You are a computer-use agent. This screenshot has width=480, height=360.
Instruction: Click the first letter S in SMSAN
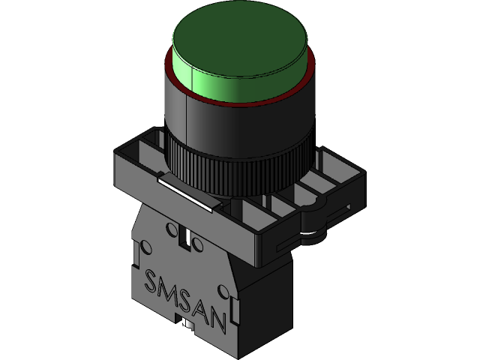(151, 283)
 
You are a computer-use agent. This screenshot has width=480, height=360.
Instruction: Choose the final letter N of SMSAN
(217, 320)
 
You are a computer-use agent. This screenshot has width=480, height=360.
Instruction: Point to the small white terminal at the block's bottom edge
(184, 323)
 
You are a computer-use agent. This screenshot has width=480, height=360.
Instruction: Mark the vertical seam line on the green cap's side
(193, 78)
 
